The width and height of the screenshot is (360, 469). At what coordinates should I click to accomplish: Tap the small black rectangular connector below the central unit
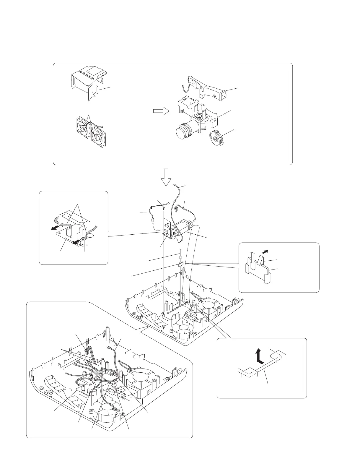click(x=180, y=264)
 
